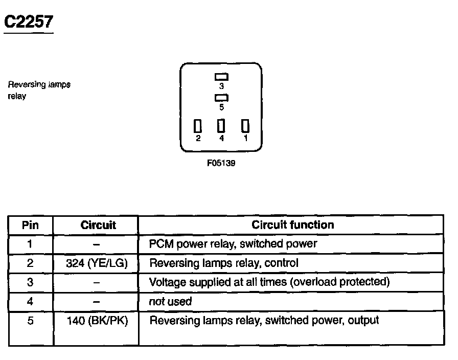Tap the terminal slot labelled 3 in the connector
(221, 77)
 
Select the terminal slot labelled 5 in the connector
(221, 98)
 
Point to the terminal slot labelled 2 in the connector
(198, 126)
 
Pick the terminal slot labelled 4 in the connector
(221, 126)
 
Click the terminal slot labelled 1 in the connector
(245, 126)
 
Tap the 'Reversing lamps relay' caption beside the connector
(39, 90)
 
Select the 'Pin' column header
(30, 225)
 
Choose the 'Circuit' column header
(98, 225)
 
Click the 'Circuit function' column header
(292, 224)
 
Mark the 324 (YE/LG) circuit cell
(97, 263)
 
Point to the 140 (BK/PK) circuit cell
(97, 321)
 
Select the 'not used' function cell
(170, 301)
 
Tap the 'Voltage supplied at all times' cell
(269, 282)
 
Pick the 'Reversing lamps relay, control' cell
(223, 263)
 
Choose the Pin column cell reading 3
(30, 282)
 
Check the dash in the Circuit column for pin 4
(97, 301)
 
